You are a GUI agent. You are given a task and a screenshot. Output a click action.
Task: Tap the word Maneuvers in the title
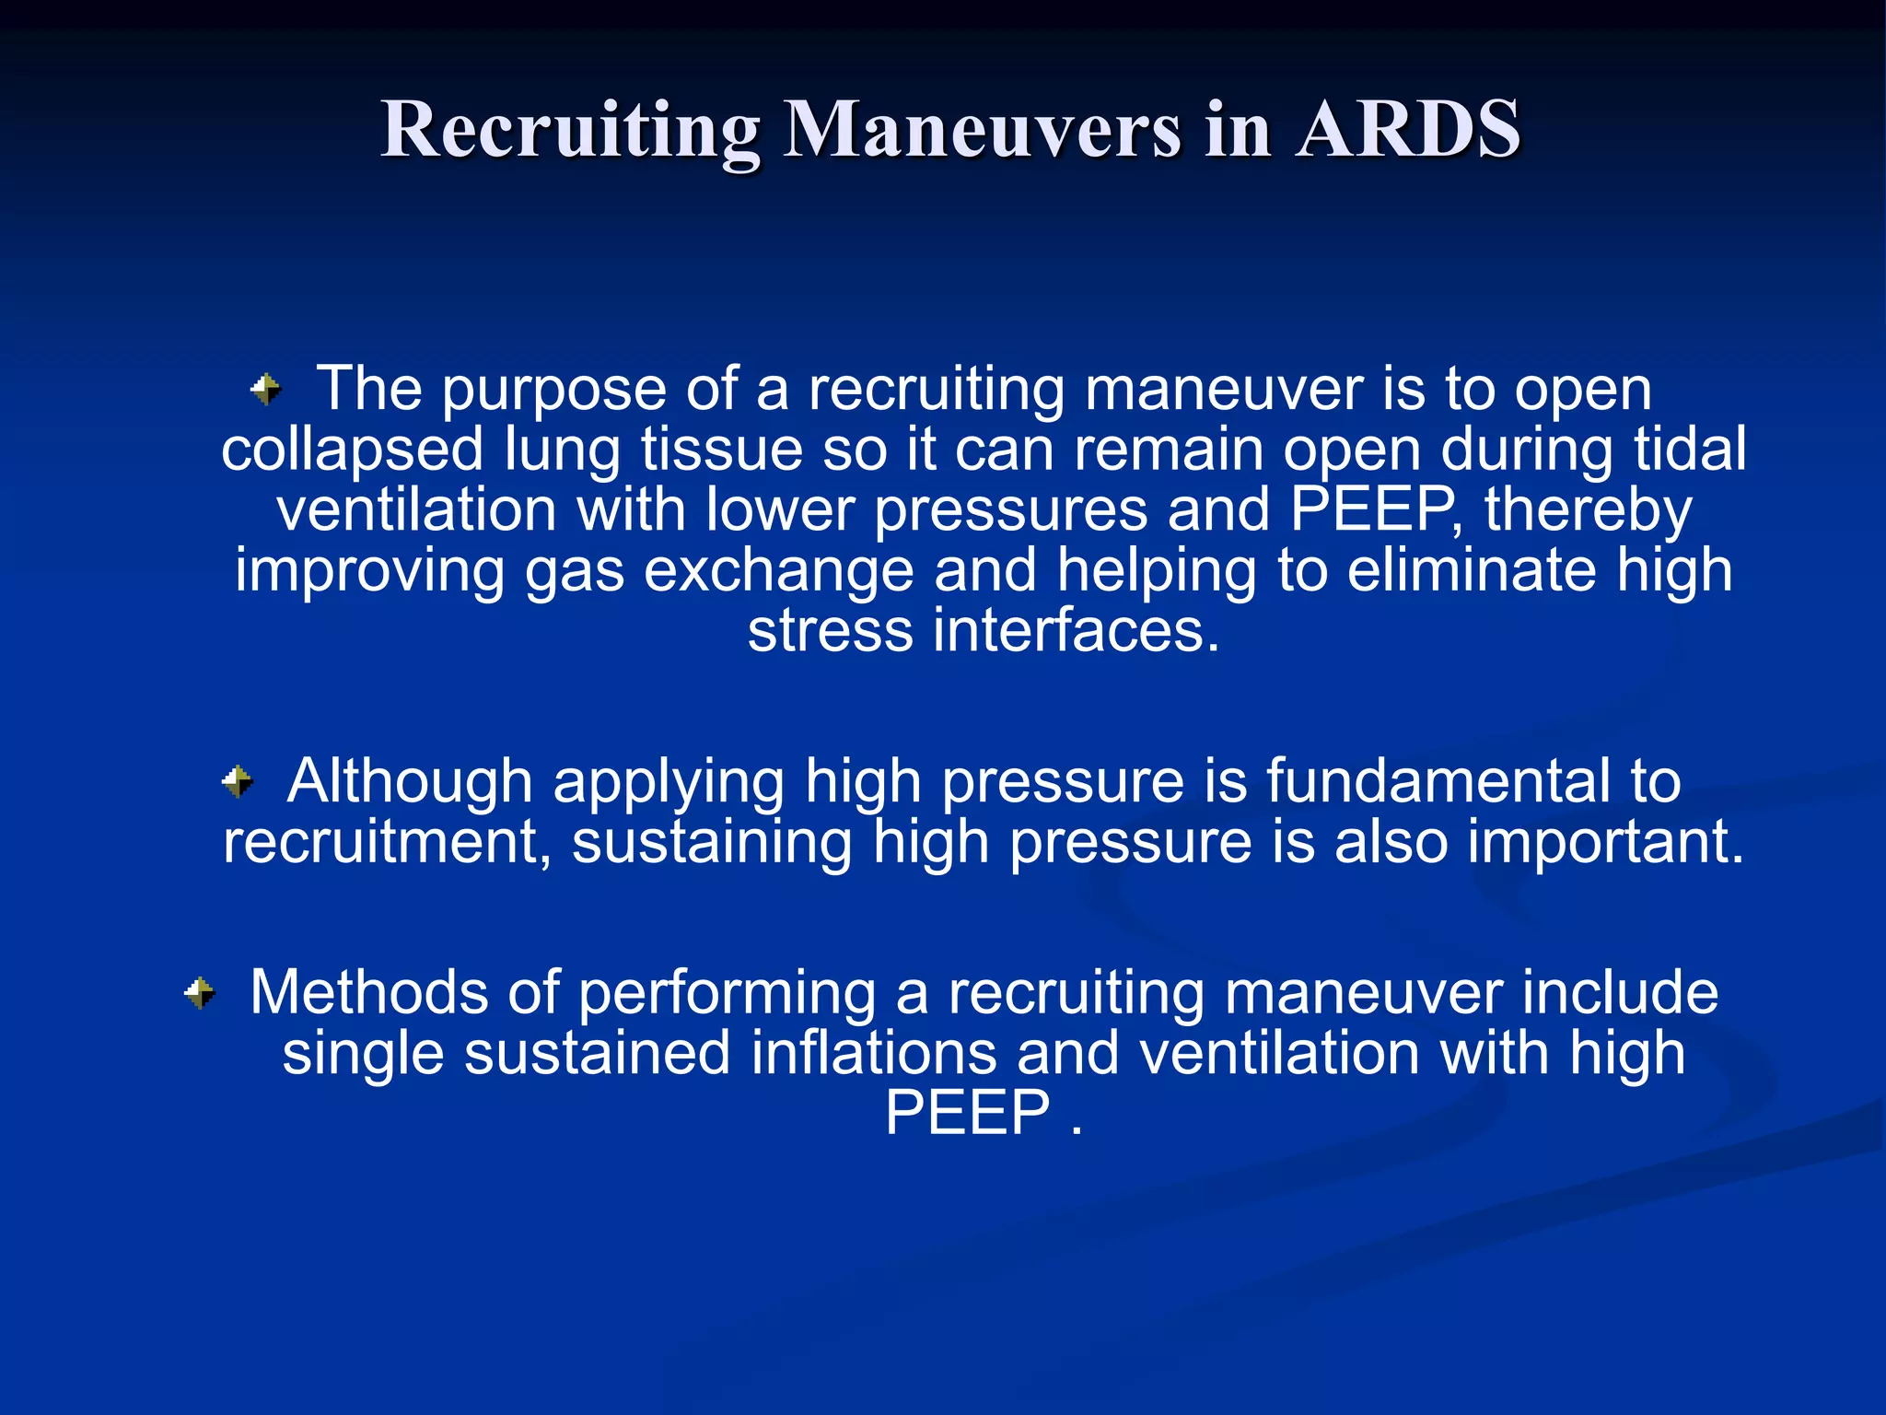coord(983,131)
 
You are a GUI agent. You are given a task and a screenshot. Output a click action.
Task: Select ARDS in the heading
coord(1408,131)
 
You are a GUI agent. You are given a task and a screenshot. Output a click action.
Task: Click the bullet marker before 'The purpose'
coord(266,389)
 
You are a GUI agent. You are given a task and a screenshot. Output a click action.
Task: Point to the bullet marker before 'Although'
coord(238,782)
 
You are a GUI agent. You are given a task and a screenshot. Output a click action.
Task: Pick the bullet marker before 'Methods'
coord(200,993)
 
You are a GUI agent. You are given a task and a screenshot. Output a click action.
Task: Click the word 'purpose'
coord(553,391)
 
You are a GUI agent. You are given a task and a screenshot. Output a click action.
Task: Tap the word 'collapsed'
coord(352,450)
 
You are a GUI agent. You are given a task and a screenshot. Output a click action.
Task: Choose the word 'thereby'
coord(1588,511)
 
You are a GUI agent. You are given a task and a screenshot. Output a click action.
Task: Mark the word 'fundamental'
coord(1438,782)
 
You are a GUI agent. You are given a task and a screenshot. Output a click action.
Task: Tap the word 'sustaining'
coord(712,843)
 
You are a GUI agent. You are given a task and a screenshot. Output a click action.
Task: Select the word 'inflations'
coord(873,1054)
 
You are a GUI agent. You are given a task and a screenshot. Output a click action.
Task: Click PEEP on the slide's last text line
coord(967,1114)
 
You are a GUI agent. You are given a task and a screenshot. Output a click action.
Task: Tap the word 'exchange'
coord(778,571)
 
